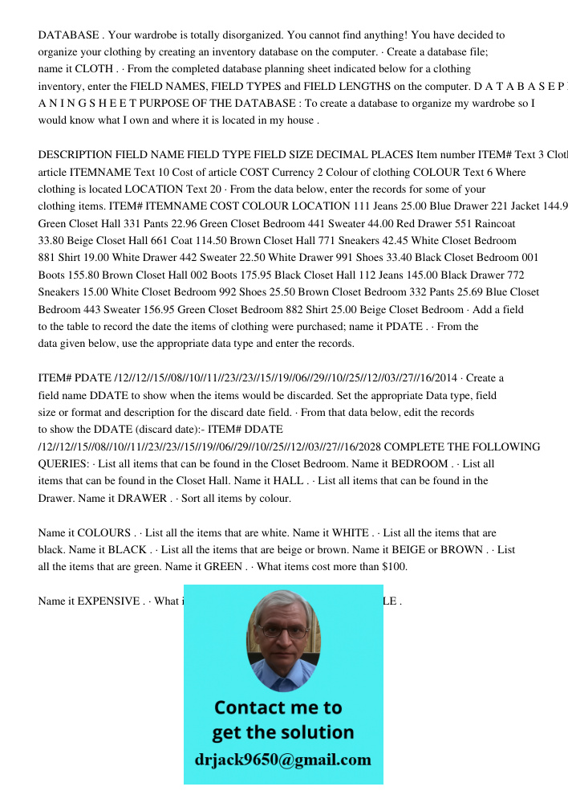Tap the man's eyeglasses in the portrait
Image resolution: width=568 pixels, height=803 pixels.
pos(283,631)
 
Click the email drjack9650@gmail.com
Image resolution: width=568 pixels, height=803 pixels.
pos(282,760)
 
